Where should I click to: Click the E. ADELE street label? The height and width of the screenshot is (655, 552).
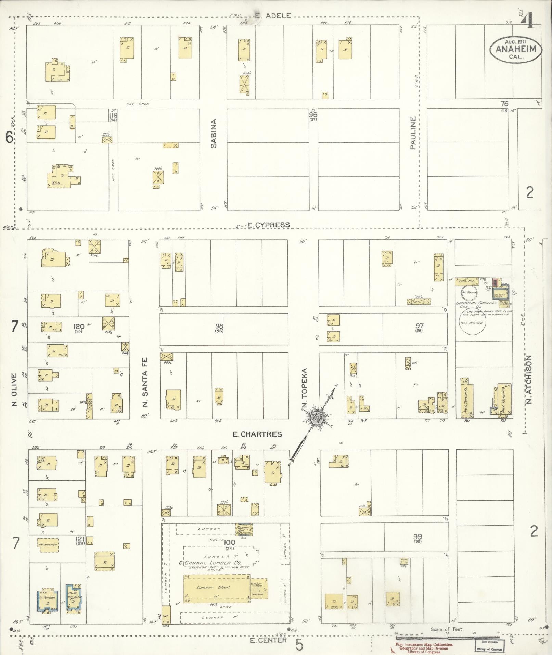pyautogui.click(x=273, y=15)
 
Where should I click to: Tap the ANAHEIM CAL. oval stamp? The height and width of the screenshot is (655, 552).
pyautogui.click(x=516, y=50)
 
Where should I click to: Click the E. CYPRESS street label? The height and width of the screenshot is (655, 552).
pyautogui.click(x=268, y=225)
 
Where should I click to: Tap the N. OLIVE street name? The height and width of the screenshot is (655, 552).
pyautogui.click(x=14, y=390)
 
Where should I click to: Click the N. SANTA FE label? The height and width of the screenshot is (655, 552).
pyautogui.click(x=145, y=382)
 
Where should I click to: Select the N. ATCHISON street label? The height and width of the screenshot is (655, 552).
pyautogui.click(x=529, y=379)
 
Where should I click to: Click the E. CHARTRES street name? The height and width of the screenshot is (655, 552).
pyautogui.click(x=257, y=434)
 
